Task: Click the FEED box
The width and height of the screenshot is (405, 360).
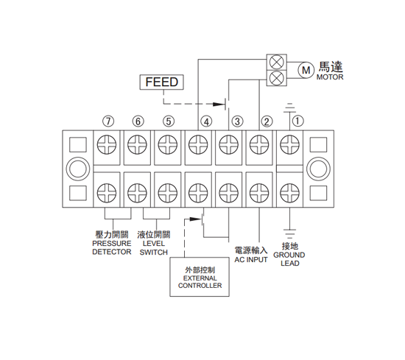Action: [x=162, y=82]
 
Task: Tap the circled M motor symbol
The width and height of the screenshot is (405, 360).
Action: [x=306, y=70]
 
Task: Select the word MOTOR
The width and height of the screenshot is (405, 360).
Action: [x=330, y=77]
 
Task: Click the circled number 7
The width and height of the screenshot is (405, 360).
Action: [x=108, y=121]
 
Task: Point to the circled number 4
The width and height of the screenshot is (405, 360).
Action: [x=206, y=121]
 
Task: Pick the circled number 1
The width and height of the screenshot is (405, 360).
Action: [x=297, y=121]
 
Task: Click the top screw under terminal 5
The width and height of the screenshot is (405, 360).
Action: [x=168, y=144]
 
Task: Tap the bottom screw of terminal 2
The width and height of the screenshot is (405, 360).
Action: [x=259, y=193]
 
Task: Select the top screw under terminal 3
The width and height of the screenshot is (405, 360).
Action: [x=228, y=144]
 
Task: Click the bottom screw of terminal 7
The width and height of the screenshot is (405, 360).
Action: [x=107, y=193]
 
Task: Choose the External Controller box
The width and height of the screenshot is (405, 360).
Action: [x=200, y=277]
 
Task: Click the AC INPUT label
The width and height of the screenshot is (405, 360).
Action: [x=251, y=260]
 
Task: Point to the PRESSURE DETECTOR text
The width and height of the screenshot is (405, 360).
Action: [x=112, y=247]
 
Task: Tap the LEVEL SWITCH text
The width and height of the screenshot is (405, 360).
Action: [x=154, y=247]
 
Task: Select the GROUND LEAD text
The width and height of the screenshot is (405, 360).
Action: [x=289, y=259]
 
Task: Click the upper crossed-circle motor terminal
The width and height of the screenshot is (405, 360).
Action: [x=277, y=62]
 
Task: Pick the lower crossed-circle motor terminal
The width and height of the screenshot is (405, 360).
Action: [x=277, y=78]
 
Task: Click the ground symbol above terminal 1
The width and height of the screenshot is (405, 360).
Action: [x=289, y=108]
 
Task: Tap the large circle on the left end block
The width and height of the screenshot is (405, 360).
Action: [x=78, y=169]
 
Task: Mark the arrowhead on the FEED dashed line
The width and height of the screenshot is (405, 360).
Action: [x=219, y=105]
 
